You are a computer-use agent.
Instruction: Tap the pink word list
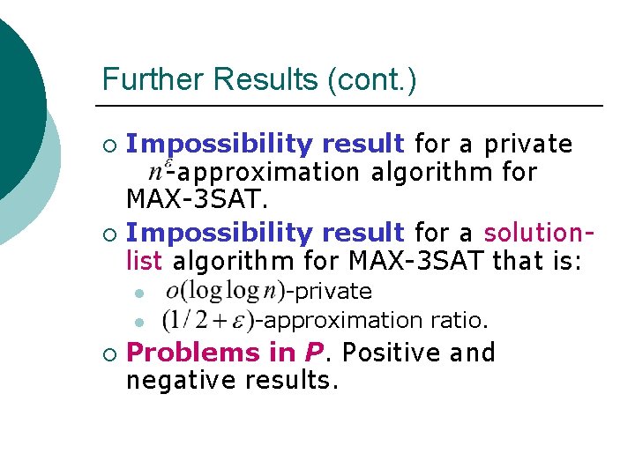tap(144, 261)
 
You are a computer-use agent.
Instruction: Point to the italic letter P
tap(312, 353)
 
